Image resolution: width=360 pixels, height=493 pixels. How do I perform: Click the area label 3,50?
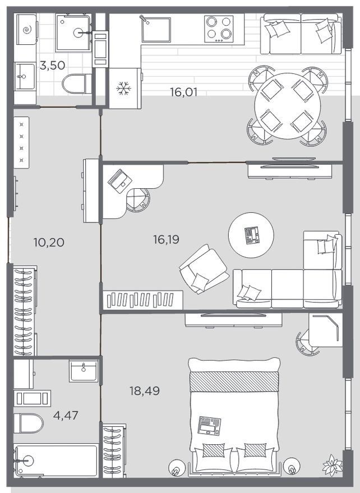click(x=53, y=66)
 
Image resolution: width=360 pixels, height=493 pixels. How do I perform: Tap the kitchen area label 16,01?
click(x=184, y=92)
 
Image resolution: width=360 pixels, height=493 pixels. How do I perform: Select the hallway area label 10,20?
click(x=49, y=242)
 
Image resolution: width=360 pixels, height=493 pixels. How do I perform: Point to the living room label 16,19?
click(x=166, y=240)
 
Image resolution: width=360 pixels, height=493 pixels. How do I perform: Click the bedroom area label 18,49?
click(x=145, y=391)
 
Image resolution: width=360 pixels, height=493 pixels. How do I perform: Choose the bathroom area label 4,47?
click(x=66, y=415)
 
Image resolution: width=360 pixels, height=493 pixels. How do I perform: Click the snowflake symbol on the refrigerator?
click(x=123, y=89)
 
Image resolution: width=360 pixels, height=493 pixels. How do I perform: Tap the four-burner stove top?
click(x=219, y=29)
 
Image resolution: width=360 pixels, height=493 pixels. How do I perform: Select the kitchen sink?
click(x=156, y=29)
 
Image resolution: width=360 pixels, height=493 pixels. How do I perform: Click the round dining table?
click(x=287, y=106)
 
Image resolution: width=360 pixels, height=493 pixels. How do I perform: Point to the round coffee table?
click(x=251, y=235)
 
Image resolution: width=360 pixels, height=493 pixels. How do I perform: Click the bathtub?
click(x=56, y=461)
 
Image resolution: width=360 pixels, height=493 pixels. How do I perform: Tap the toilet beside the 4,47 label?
click(x=29, y=423)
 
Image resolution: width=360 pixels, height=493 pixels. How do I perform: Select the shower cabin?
click(x=73, y=32)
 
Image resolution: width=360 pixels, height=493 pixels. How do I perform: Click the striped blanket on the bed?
click(x=234, y=382)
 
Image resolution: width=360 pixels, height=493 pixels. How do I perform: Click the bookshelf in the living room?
click(x=143, y=300)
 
